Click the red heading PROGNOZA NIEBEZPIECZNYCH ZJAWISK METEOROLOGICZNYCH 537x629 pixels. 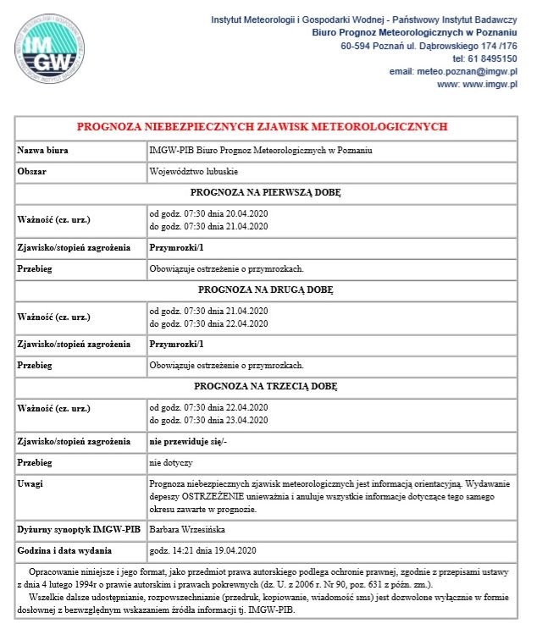(x=262, y=127)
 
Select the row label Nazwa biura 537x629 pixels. (x=43, y=150)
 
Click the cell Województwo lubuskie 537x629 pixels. (x=192, y=171)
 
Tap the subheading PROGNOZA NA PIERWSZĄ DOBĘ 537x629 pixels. (x=265, y=192)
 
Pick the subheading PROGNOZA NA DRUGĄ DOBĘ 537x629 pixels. (x=265, y=290)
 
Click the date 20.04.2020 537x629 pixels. (x=243, y=212)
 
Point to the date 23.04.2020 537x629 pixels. (x=243, y=420)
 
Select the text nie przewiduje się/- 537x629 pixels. (x=188, y=441)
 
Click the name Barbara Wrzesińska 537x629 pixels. (x=186, y=529)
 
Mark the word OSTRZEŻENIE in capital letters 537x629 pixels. (x=216, y=496)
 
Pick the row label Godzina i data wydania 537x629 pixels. (x=66, y=551)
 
